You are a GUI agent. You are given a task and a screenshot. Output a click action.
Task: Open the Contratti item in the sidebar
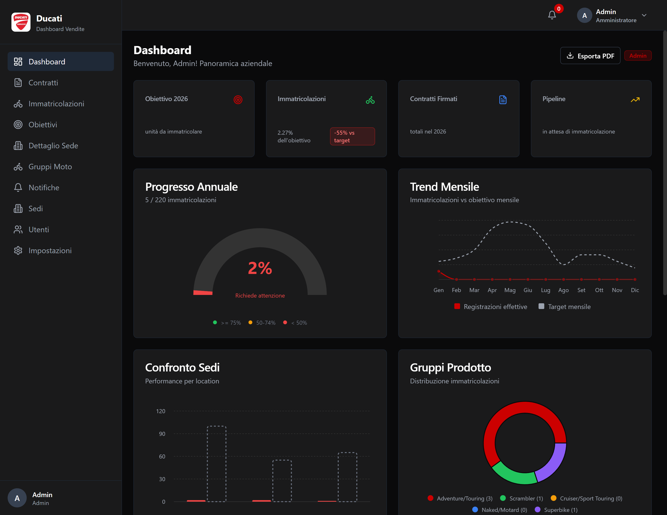[43, 83]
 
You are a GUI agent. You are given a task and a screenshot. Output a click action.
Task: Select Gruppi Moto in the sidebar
[50, 167]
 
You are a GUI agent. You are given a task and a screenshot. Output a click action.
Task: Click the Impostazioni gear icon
[18, 251]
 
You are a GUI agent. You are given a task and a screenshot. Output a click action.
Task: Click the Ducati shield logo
[21, 22]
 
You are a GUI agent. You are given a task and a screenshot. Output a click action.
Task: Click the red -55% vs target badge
[352, 136]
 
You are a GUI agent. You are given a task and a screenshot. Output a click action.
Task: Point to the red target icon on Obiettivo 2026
[238, 100]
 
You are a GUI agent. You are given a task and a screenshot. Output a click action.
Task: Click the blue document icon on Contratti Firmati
[503, 100]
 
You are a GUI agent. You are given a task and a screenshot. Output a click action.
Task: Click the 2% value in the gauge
[260, 268]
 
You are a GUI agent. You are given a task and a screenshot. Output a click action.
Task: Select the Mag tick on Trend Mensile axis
[510, 290]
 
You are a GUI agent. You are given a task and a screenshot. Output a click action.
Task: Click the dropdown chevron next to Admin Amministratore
[644, 15]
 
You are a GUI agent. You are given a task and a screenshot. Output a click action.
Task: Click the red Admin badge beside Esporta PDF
[638, 56]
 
